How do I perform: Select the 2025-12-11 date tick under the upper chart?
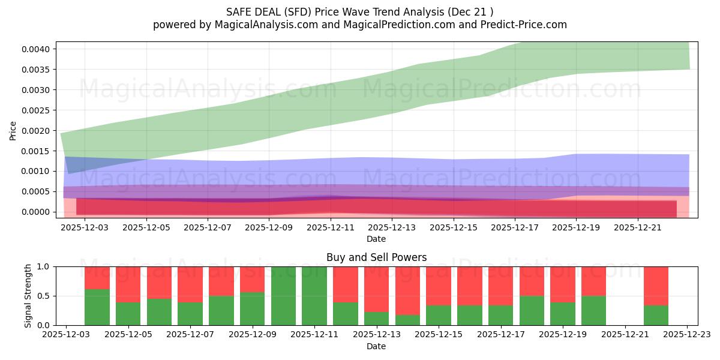pos(331,228)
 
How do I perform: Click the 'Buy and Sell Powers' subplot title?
pos(376,257)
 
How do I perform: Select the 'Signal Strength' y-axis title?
pos(28,296)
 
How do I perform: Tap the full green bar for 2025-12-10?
pos(284,296)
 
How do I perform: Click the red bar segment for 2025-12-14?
pos(408,291)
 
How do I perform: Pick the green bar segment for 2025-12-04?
pos(97,307)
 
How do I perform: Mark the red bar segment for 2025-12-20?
pos(593,281)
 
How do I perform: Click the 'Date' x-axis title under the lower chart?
pos(376,346)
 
